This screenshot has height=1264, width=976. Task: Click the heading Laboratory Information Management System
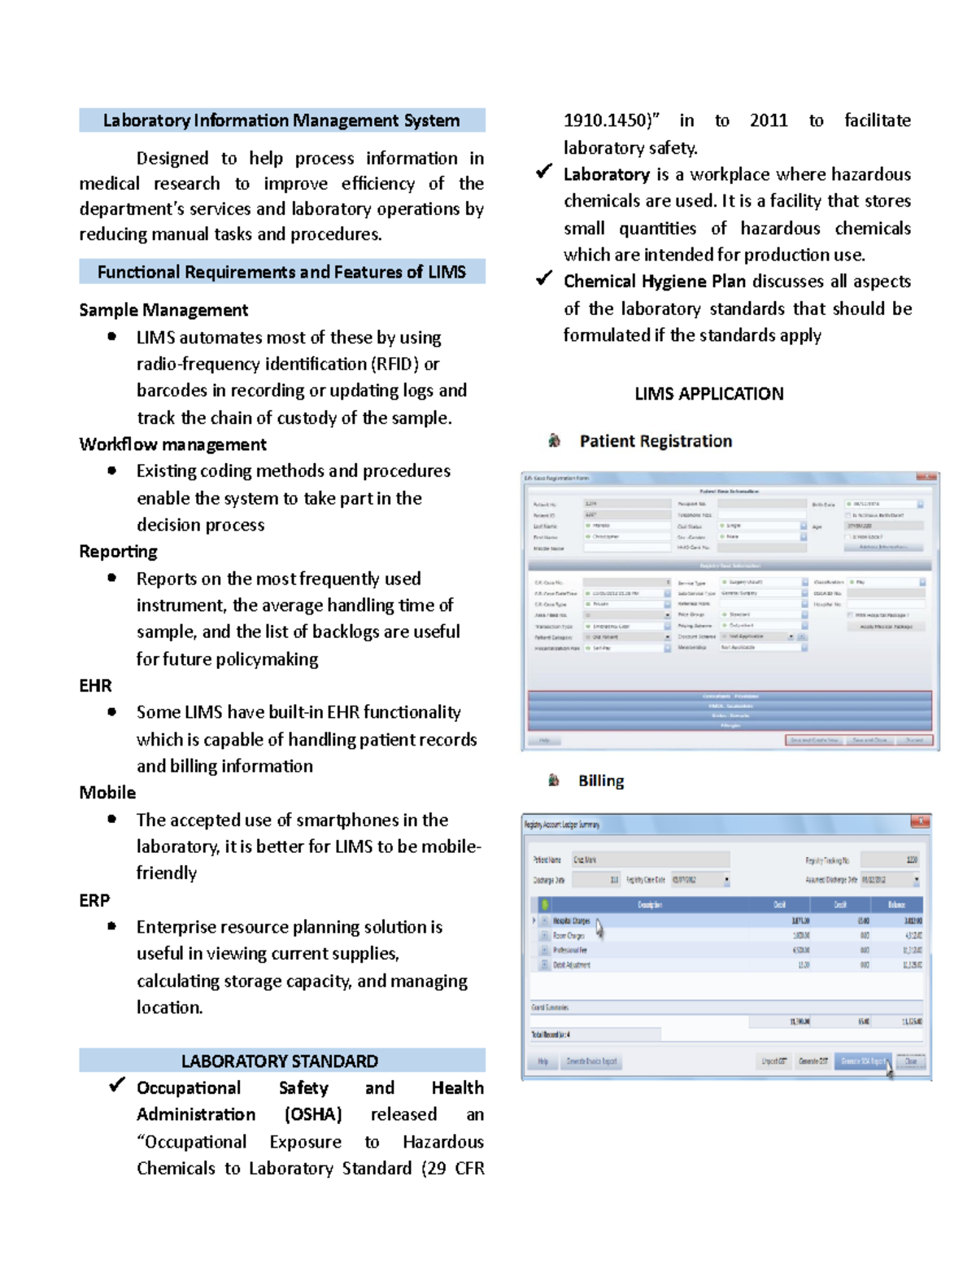click(281, 120)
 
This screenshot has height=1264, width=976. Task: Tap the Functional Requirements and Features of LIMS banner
click(281, 272)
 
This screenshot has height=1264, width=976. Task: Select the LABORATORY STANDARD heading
click(280, 1061)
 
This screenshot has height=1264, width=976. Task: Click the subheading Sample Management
click(163, 310)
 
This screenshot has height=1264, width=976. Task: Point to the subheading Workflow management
click(172, 444)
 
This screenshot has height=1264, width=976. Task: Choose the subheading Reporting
click(118, 552)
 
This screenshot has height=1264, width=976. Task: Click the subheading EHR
click(95, 686)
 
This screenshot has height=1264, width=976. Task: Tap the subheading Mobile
click(107, 793)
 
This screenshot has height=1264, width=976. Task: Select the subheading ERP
click(94, 901)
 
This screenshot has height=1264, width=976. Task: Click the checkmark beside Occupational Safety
click(117, 1085)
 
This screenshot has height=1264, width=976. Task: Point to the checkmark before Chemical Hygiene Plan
click(544, 279)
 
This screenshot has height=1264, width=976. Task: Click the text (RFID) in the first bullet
click(394, 364)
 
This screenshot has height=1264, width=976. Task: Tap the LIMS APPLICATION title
click(708, 394)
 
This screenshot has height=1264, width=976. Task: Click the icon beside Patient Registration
click(554, 440)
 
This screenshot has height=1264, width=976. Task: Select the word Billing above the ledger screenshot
click(601, 781)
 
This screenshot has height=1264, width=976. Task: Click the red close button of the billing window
click(920, 822)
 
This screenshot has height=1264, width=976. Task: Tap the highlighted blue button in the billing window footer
click(862, 1061)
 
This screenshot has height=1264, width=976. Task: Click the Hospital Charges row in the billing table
click(572, 921)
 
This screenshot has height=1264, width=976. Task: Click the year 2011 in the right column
click(768, 120)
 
